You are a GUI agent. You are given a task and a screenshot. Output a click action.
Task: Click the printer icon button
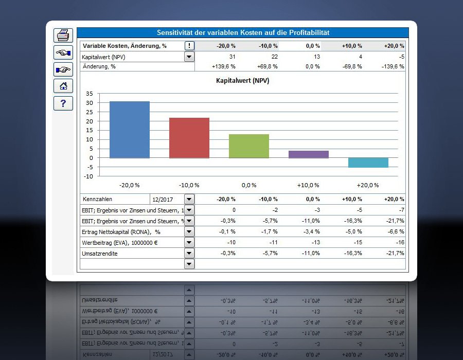pyautogui.click(x=63, y=35)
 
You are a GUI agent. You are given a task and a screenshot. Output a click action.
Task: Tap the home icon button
pyautogui.click(x=63, y=86)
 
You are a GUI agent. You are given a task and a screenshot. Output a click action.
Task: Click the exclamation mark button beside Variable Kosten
pyautogui.click(x=189, y=46)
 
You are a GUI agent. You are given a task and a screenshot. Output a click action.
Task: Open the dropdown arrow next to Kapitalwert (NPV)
pyautogui.click(x=189, y=57)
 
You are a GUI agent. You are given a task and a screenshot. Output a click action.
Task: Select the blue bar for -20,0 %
pyautogui.click(x=130, y=130)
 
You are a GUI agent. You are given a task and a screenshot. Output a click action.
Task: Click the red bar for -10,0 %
pyautogui.click(x=189, y=138)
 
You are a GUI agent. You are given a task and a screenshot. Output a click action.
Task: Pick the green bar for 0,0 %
pyautogui.click(x=249, y=146)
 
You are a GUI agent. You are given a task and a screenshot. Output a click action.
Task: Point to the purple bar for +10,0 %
pyautogui.click(x=309, y=154)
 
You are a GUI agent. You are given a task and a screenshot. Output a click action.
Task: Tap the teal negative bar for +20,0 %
pyautogui.click(x=368, y=163)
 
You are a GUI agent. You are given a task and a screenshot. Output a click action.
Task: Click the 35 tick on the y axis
pyautogui.click(x=90, y=94)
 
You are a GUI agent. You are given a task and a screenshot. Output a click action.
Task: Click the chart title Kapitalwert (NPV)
pyautogui.click(x=242, y=81)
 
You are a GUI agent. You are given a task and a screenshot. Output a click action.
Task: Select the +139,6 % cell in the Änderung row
pyautogui.click(x=224, y=66)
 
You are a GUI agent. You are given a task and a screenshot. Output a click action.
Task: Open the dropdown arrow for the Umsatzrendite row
pyautogui.click(x=189, y=253)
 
